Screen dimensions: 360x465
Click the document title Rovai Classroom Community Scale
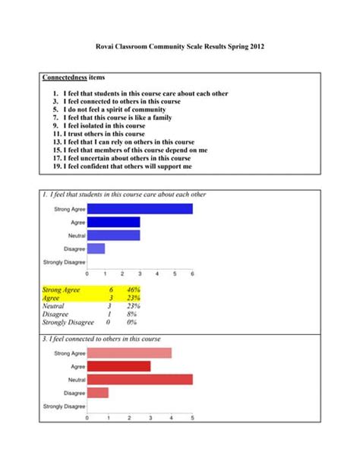pos(180,46)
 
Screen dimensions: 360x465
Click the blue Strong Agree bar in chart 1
pos(140,209)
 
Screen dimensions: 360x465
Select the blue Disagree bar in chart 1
pos(96,248)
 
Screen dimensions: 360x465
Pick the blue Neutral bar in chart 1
pos(113,235)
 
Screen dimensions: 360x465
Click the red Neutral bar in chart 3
pos(140,379)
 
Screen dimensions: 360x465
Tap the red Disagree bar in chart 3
pos(98,393)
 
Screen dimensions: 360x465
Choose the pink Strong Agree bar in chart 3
pos(129,353)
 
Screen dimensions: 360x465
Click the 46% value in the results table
pos(134,290)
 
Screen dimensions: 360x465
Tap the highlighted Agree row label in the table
pos(52,298)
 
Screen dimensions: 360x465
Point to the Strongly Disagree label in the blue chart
pos(64,262)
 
